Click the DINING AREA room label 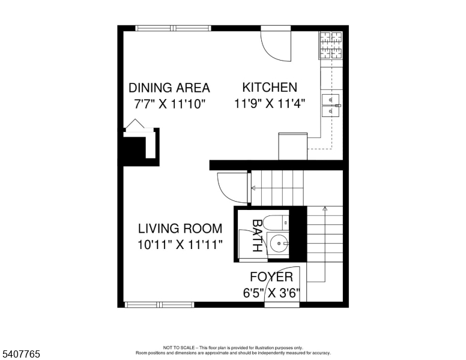pyautogui.click(x=169, y=88)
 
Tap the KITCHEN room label pyautogui.click(x=270, y=88)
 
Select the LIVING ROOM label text pyautogui.click(x=180, y=229)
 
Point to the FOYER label pyautogui.click(x=271, y=277)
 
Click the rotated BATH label pyautogui.click(x=257, y=236)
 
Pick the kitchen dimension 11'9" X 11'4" pyautogui.click(x=270, y=104)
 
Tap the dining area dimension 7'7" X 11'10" pyautogui.click(x=170, y=104)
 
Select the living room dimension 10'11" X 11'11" pyautogui.click(x=180, y=245)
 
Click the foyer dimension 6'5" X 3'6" pyautogui.click(x=271, y=293)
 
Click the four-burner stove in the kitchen pyautogui.click(x=331, y=45)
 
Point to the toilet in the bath pyautogui.click(x=276, y=222)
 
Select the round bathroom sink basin pyautogui.click(x=279, y=243)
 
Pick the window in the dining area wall pyautogui.click(x=174, y=28)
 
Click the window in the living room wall pyautogui.click(x=159, y=304)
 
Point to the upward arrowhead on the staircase pyautogui.click(x=325, y=209)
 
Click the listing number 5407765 pyautogui.click(x=21, y=354)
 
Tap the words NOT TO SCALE pyautogui.click(x=178, y=347)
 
